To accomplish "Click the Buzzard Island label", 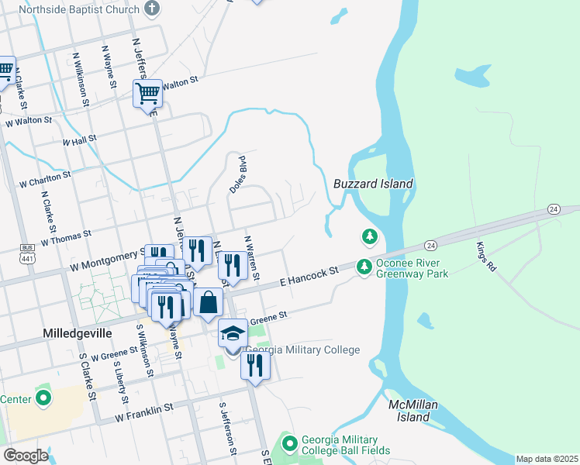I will (x=373, y=184).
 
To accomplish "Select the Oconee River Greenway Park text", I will (x=412, y=268).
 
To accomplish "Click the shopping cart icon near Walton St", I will (x=147, y=94).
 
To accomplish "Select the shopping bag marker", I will (x=209, y=301).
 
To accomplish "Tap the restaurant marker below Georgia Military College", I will (x=255, y=365).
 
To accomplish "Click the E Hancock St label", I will (x=309, y=275).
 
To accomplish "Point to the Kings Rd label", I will (x=485, y=256).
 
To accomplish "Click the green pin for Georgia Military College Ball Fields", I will (x=290, y=444).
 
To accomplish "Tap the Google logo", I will (x=26, y=456).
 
